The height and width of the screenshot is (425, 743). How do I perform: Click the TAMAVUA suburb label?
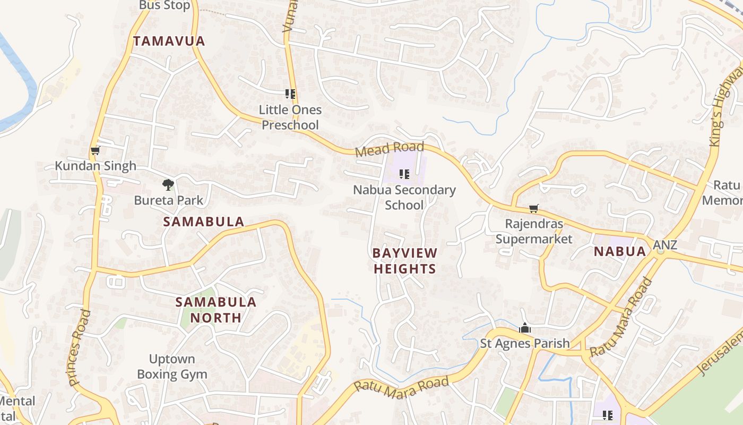(x=169, y=41)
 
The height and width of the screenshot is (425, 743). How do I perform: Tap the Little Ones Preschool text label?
(x=290, y=117)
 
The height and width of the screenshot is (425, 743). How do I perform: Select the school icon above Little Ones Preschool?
(x=290, y=94)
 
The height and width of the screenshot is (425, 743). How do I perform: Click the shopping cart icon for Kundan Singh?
(x=95, y=151)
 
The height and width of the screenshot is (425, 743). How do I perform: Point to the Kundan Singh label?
(x=96, y=166)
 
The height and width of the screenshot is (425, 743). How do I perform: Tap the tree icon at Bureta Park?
(x=168, y=185)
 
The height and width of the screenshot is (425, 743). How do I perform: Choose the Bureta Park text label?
(x=169, y=200)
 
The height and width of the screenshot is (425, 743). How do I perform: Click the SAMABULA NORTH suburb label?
(x=216, y=310)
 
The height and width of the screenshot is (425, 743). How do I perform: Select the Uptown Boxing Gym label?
(x=172, y=367)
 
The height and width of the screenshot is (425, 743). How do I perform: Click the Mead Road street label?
(x=390, y=149)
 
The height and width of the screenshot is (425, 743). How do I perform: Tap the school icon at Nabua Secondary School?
(x=404, y=174)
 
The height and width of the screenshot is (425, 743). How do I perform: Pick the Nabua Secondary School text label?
(x=404, y=197)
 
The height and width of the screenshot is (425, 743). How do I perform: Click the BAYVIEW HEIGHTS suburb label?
(x=404, y=261)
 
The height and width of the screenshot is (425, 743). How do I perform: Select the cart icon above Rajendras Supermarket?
(x=534, y=209)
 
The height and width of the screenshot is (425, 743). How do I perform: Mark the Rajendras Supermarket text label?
(x=534, y=231)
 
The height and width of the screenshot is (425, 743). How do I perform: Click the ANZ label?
(x=665, y=245)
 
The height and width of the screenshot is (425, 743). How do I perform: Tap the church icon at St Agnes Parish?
(x=525, y=328)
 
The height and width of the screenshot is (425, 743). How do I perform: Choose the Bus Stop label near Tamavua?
(x=165, y=5)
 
